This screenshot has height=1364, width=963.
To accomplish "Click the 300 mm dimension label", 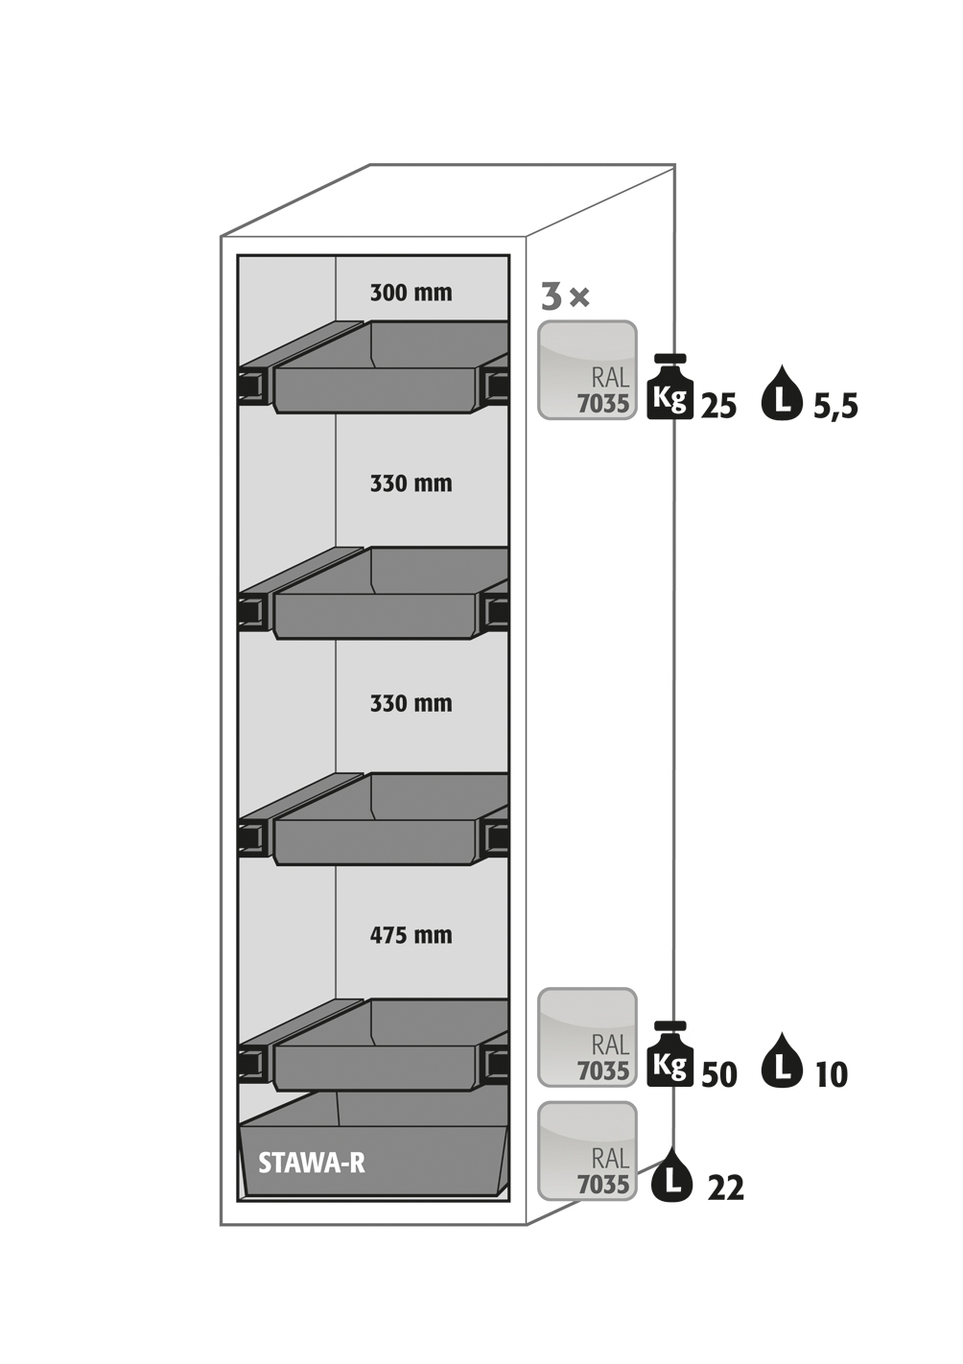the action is [x=411, y=293].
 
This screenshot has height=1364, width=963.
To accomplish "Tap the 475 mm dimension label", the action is [x=411, y=934].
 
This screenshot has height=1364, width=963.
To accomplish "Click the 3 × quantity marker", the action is [x=566, y=297].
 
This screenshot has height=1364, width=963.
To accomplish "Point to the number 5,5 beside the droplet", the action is [x=835, y=406].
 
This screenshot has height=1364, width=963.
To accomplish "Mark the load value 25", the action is [x=719, y=406].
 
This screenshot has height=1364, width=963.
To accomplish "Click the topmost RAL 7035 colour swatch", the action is [x=587, y=369].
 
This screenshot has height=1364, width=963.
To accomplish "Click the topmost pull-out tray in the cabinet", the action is [x=374, y=367].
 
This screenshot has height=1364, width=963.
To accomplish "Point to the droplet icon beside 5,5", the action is [x=782, y=392].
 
